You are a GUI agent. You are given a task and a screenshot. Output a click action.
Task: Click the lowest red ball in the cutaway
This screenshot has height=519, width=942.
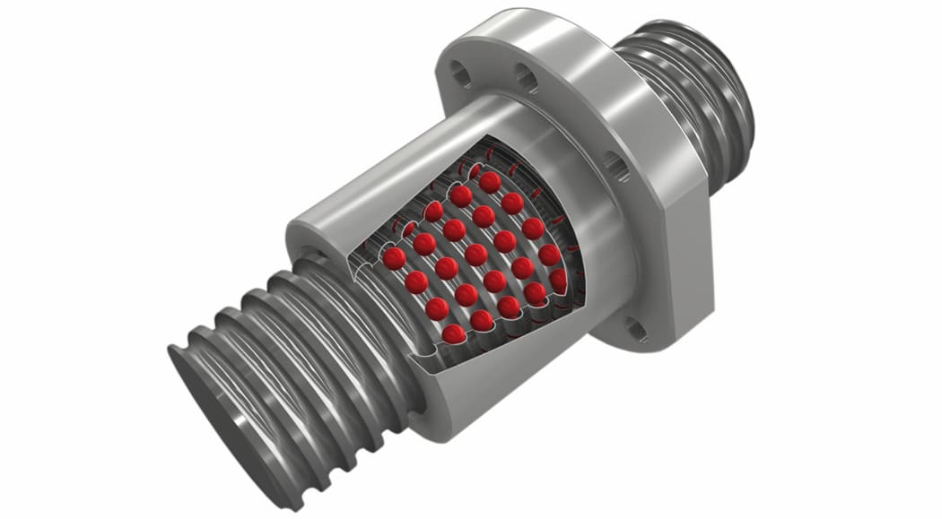[x=454, y=333]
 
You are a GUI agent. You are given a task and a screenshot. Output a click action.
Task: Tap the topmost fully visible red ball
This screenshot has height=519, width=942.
[x=490, y=183]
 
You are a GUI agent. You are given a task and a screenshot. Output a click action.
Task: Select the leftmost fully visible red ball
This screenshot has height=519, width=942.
[x=394, y=258]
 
